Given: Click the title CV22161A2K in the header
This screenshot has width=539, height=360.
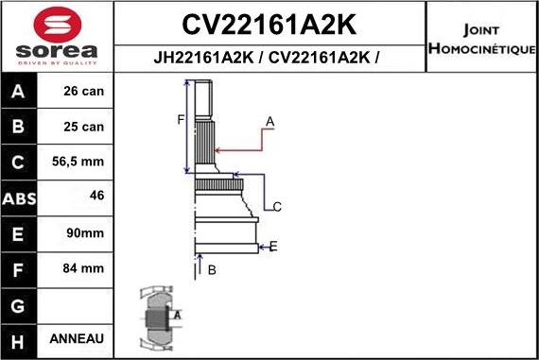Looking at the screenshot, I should click(x=269, y=22).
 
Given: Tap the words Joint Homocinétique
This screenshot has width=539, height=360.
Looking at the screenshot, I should click(x=482, y=39).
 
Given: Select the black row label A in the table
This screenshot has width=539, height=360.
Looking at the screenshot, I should click(x=19, y=93).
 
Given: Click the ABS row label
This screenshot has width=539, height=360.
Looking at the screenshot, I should click(x=19, y=198).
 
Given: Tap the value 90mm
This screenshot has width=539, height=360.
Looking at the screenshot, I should click(x=86, y=233).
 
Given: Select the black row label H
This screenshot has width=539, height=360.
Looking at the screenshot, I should click(x=19, y=338).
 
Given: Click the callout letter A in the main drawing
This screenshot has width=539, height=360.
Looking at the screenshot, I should click(x=270, y=122).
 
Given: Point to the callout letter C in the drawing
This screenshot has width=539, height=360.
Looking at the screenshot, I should click(x=277, y=206).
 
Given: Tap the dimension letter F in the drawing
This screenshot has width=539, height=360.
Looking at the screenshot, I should click(x=180, y=119).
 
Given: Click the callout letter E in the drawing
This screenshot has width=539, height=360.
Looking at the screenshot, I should click(x=273, y=247).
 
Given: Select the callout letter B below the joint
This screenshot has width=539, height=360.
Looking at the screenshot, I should click(x=212, y=270).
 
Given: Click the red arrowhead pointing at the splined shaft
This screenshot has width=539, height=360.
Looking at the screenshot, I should click(x=220, y=149).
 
